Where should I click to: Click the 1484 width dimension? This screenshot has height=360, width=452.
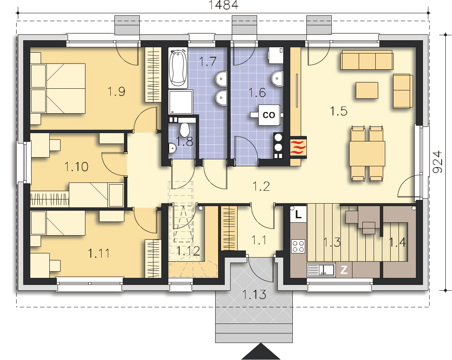point(224,5)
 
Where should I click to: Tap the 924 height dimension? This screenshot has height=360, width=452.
point(437,162)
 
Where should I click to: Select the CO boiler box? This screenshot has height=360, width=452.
point(269,115)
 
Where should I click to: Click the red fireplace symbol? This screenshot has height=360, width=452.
point(298,147)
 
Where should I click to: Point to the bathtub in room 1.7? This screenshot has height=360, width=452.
point(178,68)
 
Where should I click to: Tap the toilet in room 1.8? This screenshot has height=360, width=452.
point(184,130)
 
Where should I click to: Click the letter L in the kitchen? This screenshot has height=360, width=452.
point(298,214)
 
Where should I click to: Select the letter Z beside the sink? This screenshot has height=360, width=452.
point(344,270)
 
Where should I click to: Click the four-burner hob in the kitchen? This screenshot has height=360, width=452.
point(298,246)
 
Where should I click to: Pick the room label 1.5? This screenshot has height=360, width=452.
point(338,111)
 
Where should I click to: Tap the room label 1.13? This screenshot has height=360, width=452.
point(254,294)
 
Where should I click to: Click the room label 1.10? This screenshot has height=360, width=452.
point(76,167)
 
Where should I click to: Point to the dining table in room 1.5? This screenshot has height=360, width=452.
point(367,153)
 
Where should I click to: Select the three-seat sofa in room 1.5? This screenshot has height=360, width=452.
point(367,60)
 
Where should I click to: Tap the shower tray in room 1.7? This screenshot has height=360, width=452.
point(181,102)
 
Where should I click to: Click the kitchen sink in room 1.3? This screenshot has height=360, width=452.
point(321,270)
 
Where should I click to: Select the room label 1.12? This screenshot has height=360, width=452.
point(188,251)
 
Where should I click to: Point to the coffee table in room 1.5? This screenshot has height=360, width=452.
point(367,90)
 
